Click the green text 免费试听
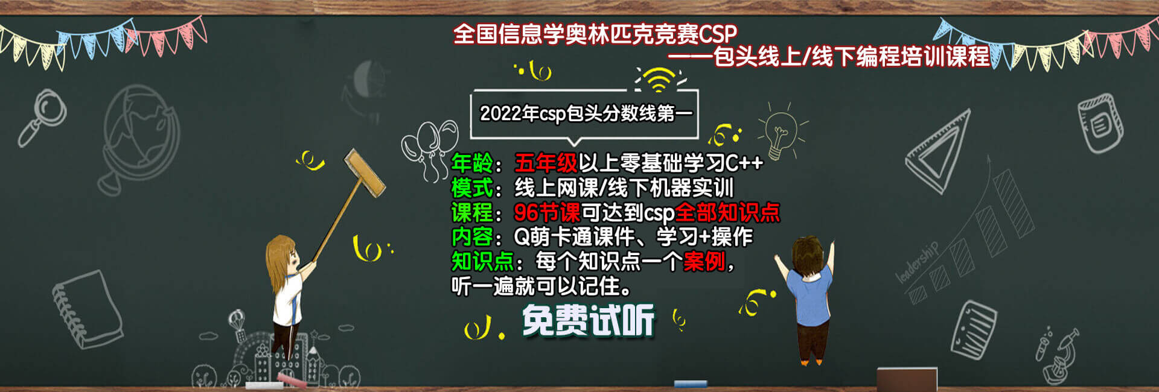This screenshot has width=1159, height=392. click(588, 320)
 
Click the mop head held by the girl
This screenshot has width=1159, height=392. click(365, 173)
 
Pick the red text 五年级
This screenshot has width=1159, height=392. click(546, 163)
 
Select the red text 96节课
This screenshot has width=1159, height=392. click(547, 212)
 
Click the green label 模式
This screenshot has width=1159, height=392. click(473, 188)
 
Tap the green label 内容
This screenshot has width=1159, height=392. click(473, 237)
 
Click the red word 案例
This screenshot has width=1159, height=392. click(704, 262)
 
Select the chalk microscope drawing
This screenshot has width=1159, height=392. click(1058, 356)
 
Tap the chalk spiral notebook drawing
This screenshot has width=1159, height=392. click(87, 309)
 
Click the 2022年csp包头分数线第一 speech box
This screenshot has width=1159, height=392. click(584, 113)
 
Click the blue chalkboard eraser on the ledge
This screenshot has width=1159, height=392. click(691, 384)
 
